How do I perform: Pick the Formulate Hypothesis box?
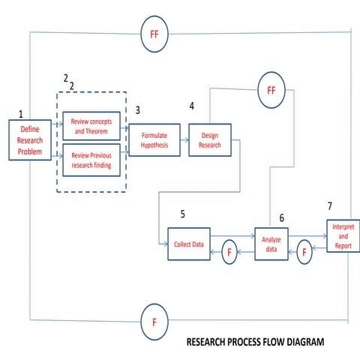point(155,139)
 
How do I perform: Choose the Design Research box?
point(210,140)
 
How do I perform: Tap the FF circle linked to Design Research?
point(271,91)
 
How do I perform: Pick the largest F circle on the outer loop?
point(154,322)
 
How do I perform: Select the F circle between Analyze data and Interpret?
point(304,252)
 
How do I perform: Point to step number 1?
point(21,114)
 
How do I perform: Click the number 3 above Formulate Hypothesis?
point(137,109)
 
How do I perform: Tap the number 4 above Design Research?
point(192,106)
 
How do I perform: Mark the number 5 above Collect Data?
point(182,214)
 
